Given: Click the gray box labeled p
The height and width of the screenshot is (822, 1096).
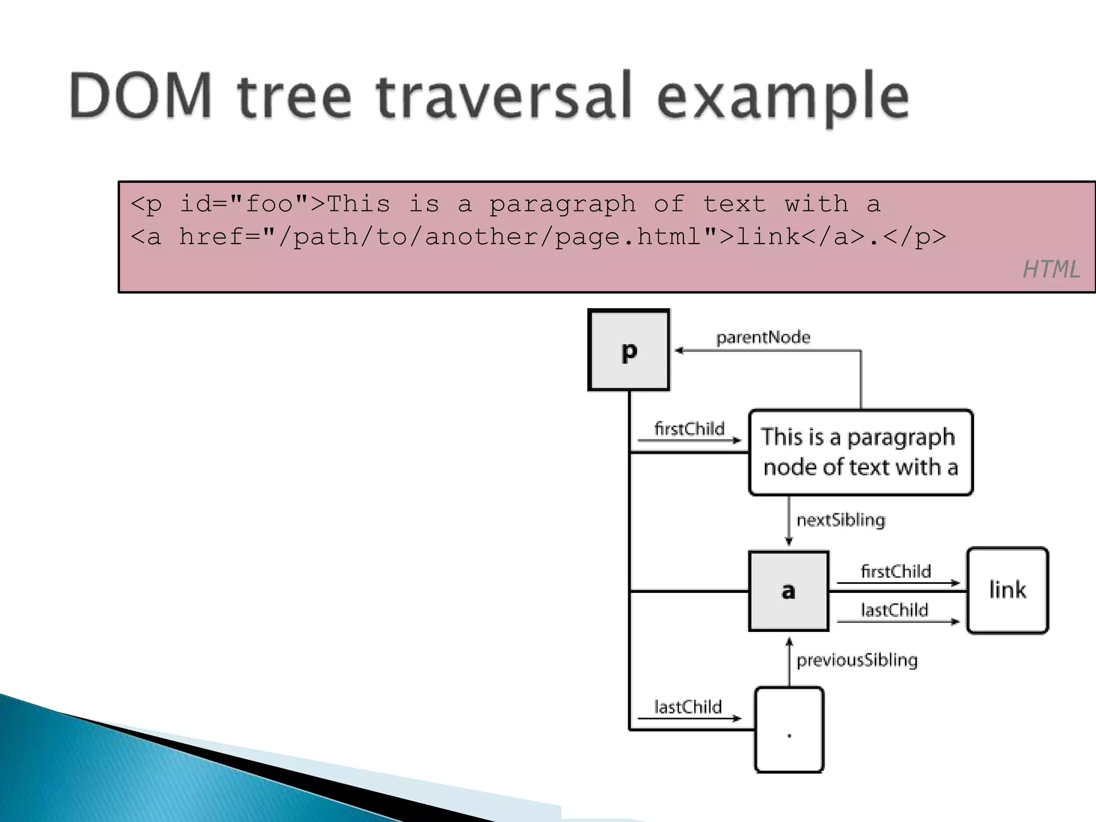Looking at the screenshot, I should pos(629,351).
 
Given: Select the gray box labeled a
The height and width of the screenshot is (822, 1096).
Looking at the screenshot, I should pos(788,591).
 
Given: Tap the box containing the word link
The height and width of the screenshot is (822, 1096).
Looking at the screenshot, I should pos(1007,590).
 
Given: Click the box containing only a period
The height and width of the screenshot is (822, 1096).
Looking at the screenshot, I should pos(789,729).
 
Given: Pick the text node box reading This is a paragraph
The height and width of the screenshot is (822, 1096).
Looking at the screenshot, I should pos(860,452).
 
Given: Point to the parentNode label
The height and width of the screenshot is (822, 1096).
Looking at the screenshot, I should pos(763,337).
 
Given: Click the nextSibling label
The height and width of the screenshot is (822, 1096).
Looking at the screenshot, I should pos(841,520).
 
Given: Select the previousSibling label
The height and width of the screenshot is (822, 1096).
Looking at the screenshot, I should pos(857,660).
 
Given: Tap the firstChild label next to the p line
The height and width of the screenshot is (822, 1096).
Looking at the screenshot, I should pos(689,429).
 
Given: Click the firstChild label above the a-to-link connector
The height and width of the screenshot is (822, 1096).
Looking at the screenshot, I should pos(896,571).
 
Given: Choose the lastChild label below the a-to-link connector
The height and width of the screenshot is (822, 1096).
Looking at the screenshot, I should pos(894,610).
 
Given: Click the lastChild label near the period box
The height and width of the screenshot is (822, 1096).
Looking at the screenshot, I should pos(688,707).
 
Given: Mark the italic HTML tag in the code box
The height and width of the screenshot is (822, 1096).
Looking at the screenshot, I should pos(1051,269).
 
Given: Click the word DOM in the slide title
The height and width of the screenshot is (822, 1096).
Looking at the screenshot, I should pos(141,96).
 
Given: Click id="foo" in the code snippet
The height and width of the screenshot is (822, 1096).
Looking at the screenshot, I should pos(243,204).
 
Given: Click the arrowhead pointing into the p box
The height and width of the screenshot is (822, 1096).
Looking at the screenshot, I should pos(679,351).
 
